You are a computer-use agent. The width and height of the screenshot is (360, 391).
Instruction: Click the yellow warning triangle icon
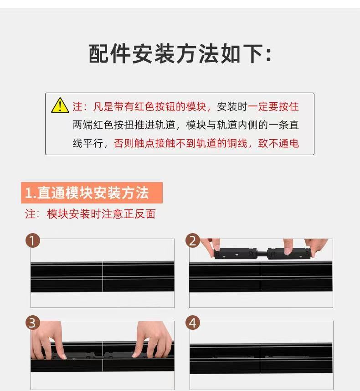tap(60, 105)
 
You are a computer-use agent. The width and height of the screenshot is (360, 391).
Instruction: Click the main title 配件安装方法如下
tap(180, 54)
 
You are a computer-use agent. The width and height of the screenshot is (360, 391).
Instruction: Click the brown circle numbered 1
tap(33, 240)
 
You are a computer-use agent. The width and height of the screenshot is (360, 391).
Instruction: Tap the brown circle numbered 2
tap(193, 240)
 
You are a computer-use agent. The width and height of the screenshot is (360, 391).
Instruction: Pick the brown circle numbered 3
tap(33, 323)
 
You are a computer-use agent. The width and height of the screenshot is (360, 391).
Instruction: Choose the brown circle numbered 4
tap(193, 323)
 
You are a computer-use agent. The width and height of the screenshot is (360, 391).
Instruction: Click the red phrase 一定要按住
tap(273, 106)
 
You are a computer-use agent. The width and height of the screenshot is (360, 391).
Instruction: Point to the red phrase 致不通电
tap(278, 143)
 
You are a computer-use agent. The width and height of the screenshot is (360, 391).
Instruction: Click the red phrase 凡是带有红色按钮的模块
tap(149, 106)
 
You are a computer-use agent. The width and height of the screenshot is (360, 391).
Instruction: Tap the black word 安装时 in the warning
tap(232, 106)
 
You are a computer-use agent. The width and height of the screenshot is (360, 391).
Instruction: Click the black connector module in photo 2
tap(262, 253)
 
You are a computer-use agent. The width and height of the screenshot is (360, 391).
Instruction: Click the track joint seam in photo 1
tap(103, 276)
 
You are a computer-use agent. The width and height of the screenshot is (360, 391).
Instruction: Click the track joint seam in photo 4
tap(260, 358)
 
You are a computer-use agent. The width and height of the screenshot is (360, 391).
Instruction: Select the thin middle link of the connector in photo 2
tap(262, 254)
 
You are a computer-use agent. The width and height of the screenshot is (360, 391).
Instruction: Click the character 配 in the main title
tap(98, 54)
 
